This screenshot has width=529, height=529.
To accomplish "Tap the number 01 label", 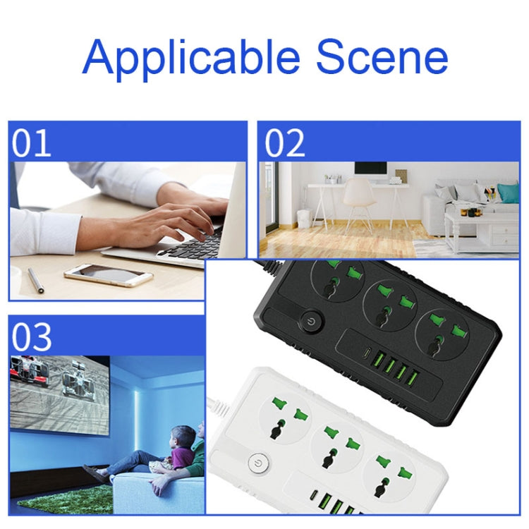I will tap(32, 142).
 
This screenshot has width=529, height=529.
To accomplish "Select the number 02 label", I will tap(285, 142).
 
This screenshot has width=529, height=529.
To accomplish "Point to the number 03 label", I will tap(32, 336).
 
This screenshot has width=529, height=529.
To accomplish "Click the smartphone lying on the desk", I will tap(108, 274).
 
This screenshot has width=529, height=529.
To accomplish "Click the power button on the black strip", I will tap(311, 324).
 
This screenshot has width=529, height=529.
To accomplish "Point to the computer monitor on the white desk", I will tap(370, 171).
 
